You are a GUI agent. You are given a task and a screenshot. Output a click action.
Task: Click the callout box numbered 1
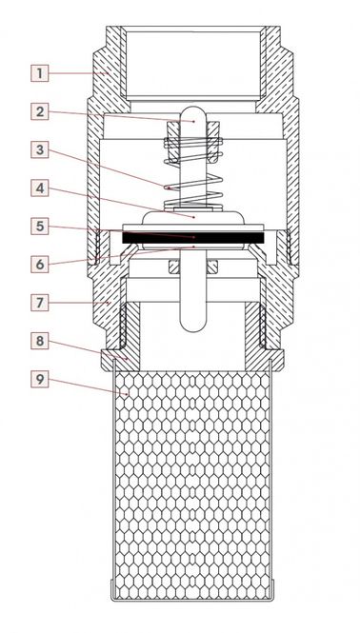40,73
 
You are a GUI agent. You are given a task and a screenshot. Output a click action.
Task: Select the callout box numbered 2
40,111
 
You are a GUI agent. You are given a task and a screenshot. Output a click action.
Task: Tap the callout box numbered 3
40,149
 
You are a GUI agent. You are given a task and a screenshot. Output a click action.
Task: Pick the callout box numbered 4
40,188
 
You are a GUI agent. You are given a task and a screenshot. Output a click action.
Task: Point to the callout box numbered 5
40,227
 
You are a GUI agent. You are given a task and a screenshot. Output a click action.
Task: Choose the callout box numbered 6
40,264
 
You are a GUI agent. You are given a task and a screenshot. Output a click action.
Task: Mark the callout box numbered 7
40,303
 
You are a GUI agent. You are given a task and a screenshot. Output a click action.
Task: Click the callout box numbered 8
40,341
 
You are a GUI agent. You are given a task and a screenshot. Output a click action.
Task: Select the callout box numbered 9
40,379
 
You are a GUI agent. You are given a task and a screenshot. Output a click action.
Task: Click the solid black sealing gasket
193,238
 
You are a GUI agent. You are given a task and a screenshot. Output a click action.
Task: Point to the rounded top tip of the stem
193,109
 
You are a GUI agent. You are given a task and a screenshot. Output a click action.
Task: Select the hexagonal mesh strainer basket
192,485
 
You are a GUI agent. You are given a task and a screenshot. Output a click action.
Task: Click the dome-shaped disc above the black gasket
193,217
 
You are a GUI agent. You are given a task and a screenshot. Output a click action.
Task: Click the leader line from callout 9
88,386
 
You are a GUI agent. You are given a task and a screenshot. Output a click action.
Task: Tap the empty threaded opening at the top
192,64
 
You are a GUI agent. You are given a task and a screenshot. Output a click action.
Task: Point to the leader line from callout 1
77,73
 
